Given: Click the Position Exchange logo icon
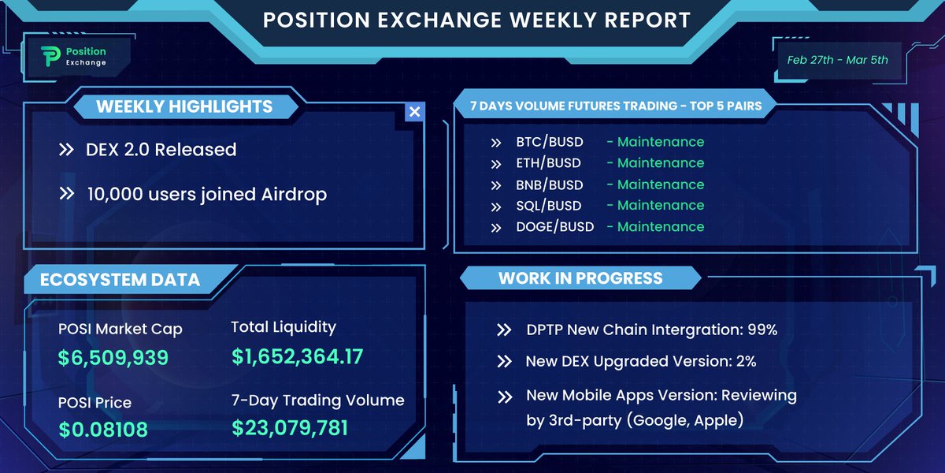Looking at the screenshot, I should tap(50, 56).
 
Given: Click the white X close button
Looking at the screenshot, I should tap(414, 112).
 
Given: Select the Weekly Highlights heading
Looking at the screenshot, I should tap(184, 106).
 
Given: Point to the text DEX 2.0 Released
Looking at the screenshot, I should tap(161, 149).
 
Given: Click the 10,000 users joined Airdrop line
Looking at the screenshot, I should tap(206, 194).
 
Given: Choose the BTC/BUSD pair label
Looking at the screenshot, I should tap(550, 143).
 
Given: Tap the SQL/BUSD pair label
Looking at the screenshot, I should tap(549, 206).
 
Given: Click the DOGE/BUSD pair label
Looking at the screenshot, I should tap(554, 227).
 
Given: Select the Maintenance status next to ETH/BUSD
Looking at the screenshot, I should tap(660, 163).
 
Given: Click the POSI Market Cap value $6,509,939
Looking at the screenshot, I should tap(113, 358).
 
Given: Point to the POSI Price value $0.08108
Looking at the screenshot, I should tap(103, 430).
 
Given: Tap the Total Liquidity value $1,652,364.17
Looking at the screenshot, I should tap(298, 356).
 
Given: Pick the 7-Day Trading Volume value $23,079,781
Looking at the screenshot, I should tap(289, 428).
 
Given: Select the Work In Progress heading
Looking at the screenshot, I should tap(580, 277).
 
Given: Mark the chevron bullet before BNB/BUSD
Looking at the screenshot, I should tap(496, 185).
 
